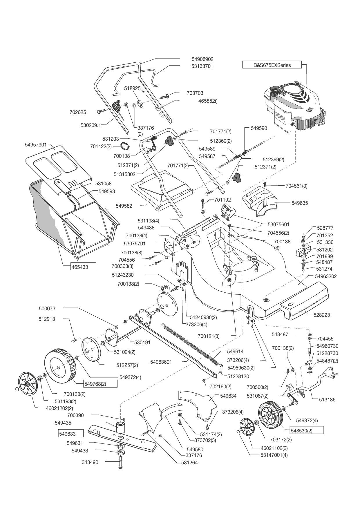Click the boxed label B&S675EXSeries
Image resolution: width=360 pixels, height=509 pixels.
point(272,65)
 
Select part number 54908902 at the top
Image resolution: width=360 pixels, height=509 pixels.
point(202,59)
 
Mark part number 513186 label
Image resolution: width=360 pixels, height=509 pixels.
point(327,399)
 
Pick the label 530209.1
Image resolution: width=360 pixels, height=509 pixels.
point(91,125)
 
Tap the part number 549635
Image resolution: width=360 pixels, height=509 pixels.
point(300,203)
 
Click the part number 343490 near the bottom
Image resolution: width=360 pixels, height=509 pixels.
point(90,462)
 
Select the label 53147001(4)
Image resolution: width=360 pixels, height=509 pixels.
point(274,455)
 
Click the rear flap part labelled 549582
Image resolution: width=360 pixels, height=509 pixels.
point(124,206)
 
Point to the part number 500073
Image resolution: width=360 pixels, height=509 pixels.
point(47,309)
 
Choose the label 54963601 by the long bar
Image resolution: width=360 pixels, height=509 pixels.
point(161,362)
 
